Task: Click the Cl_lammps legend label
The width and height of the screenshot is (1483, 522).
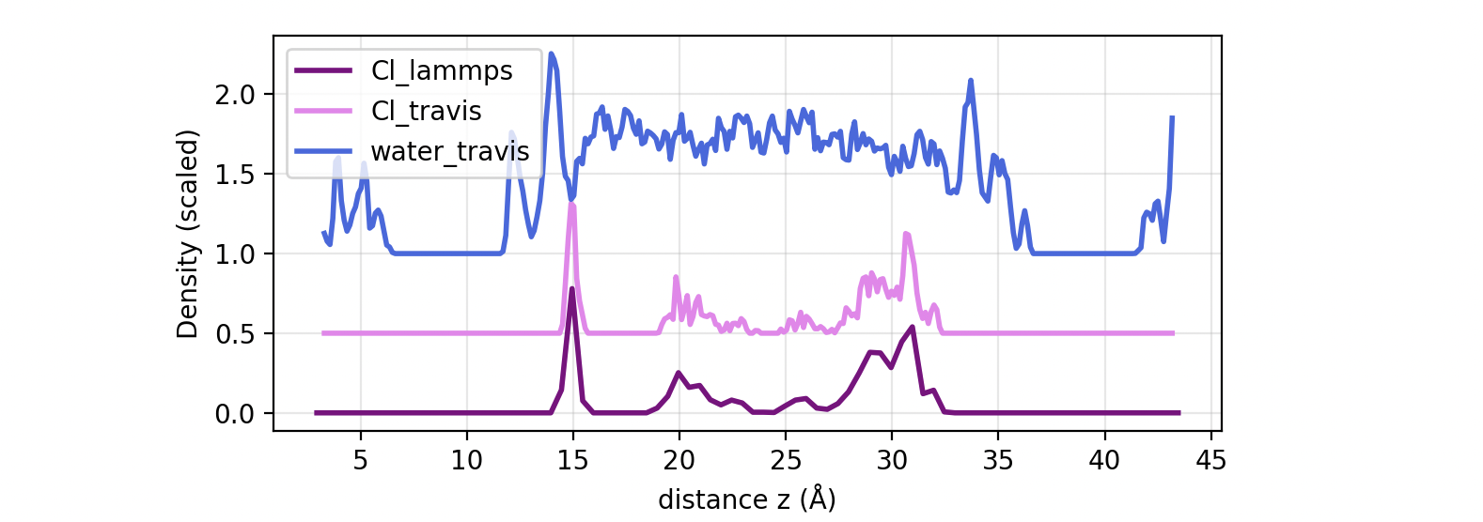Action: point(442,71)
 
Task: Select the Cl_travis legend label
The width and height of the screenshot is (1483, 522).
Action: point(426,111)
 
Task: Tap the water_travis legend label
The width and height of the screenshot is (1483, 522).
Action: point(450,151)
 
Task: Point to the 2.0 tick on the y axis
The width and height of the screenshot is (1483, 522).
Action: point(234,95)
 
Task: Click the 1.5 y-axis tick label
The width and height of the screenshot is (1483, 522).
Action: point(234,175)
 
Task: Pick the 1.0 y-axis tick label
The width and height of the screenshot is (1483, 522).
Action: point(234,254)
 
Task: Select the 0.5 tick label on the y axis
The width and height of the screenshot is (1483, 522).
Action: point(234,334)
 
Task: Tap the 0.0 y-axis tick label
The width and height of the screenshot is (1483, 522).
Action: point(234,414)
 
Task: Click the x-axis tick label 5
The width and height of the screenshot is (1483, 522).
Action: point(360,460)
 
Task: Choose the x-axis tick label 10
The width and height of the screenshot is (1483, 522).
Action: point(466,460)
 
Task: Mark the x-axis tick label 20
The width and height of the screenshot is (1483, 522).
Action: point(679,460)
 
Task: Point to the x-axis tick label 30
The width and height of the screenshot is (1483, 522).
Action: point(891,460)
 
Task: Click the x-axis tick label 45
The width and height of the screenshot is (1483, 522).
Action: point(1210,460)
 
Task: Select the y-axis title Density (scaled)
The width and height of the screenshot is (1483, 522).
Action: point(188,234)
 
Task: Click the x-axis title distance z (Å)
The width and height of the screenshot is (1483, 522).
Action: point(746,499)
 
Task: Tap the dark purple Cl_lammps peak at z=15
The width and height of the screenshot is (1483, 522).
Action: point(572,289)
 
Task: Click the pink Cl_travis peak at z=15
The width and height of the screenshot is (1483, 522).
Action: point(571,205)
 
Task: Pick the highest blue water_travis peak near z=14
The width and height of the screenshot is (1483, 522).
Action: point(552,54)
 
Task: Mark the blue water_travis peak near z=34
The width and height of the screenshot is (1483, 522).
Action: point(971,81)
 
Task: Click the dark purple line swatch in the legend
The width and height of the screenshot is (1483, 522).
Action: point(323,71)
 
